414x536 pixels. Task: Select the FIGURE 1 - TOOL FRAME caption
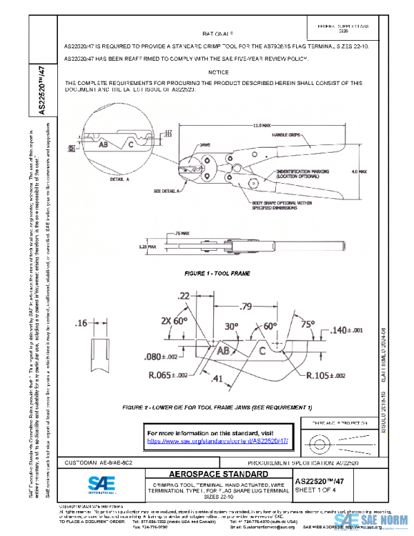point(217,274)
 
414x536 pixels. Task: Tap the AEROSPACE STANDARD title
point(209,475)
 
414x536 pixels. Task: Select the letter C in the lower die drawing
point(263,351)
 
